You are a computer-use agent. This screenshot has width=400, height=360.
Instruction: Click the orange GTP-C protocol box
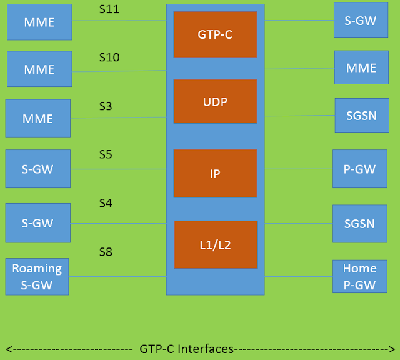click(x=215, y=34)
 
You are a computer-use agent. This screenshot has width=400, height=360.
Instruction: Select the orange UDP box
click(x=215, y=101)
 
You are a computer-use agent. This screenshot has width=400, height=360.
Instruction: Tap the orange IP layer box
click(x=215, y=173)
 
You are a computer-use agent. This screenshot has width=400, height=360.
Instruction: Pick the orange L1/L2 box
click(x=215, y=244)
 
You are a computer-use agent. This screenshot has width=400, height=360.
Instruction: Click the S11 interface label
click(x=109, y=9)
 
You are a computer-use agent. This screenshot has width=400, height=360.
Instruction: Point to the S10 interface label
click(x=109, y=57)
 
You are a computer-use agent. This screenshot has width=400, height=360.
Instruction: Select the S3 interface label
click(x=106, y=106)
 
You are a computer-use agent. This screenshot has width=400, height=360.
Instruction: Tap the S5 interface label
click(x=106, y=154)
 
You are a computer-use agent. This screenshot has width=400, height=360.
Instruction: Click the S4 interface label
click(x=106, y=203)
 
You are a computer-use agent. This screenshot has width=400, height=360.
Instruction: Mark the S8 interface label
click(x=106, y=252)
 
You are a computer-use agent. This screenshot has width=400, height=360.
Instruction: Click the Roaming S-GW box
click(x=37, y=276)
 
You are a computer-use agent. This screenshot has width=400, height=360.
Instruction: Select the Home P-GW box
click(x=359, y=276)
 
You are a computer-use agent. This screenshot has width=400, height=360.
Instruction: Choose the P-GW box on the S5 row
click(x=360, y=168)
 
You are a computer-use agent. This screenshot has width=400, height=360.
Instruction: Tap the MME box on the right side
click(x=361, y=67)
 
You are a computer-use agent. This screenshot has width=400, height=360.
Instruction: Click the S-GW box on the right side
click(x=361, y=20)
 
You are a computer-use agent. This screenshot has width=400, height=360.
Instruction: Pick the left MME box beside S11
click(x=39, y=22)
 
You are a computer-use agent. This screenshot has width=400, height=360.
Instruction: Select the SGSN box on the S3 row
click(x=361, y=115)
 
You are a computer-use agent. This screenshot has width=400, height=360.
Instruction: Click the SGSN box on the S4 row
click(x=359, y=223)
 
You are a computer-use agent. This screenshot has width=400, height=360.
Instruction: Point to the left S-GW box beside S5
click(x=38, y=169)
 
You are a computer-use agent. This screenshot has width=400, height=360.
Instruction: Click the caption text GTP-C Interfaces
click(x=186, y=348)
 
